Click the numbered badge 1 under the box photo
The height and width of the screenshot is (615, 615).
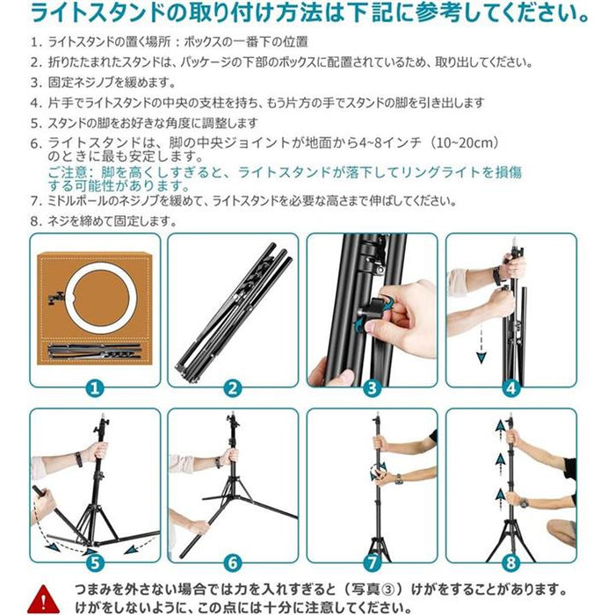(x=95, y=387)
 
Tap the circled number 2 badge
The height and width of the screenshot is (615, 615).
(x=233, y=387)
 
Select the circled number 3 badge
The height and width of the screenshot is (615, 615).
(x=372, y=387)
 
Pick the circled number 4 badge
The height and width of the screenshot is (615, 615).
(x=510, y=387)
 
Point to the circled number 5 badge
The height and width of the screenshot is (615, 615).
(x=95, y=562)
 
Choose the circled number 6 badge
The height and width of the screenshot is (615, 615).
(x=233, y=562)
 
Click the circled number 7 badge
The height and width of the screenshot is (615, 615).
(x=372, y=562)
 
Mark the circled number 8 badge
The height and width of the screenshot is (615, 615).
(x=510, y=562)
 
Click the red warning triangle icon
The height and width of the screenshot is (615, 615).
(x=40, y=596)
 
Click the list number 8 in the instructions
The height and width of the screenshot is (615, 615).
(x=35, y=221)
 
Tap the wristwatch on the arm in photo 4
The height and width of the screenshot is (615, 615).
(x=497, y=275)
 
